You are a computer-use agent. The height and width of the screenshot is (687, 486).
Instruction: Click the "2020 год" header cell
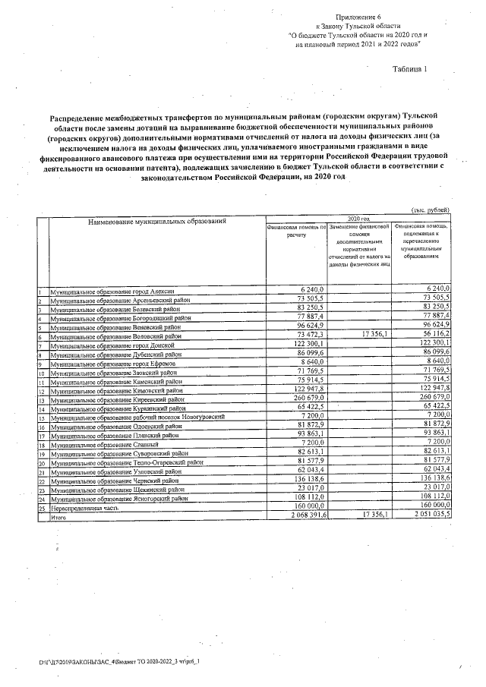click(358, 217)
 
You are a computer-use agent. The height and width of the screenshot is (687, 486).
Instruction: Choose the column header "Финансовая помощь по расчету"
click(296, 231)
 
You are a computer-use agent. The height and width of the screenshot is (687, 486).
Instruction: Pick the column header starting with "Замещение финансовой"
click(360, 225)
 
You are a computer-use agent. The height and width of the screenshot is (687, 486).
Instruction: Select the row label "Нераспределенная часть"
click(84, 508)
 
